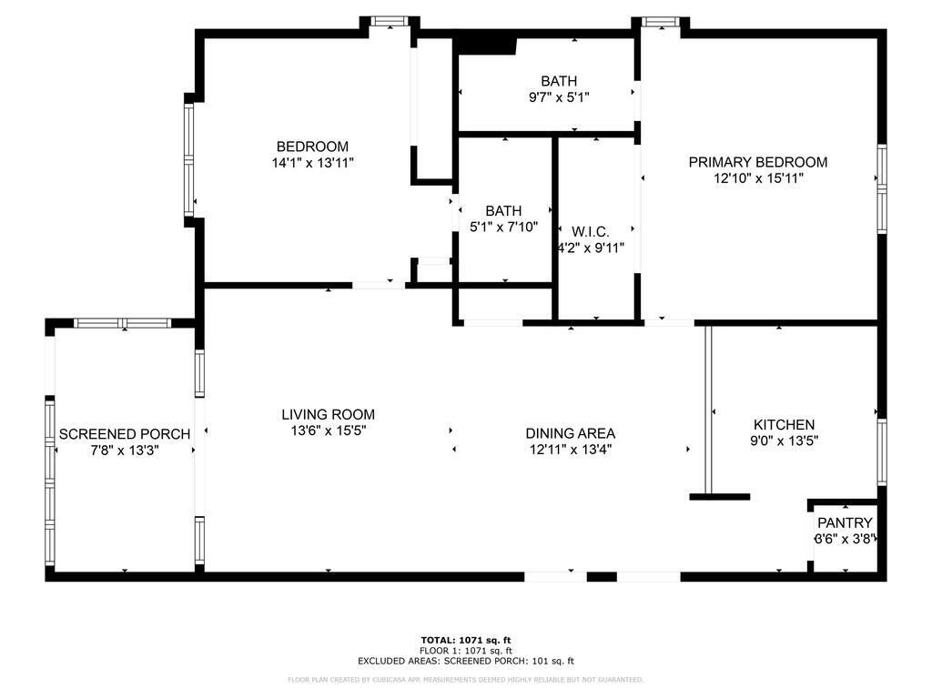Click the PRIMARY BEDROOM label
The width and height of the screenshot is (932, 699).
tap(757, 162)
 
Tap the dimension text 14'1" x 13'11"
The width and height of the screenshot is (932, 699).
tap(312, 163)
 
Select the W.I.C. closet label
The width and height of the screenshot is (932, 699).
tap(590, 231)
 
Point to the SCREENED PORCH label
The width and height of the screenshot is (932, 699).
tap(125, 434)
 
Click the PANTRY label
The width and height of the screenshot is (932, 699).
tap(845, 522)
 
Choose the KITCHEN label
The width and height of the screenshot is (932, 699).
tap(784, 424)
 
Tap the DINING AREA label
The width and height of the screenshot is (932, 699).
tap(571, 433)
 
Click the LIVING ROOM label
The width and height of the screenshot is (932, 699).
tap(328, 414)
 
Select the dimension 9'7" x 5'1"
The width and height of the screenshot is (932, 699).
tap(559, 97)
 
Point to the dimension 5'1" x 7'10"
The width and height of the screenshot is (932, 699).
tap(503, 227)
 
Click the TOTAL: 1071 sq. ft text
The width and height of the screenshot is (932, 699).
tap(466, 640)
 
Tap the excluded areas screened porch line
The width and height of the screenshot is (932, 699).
tap(466, 662)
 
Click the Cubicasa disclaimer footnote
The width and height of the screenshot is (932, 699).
tap(466, 679)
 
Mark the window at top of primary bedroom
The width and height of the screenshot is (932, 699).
tap(661, 22)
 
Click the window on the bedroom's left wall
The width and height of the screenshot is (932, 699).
tap(189, 159)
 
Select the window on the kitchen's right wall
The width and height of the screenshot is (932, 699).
tap(881, 451)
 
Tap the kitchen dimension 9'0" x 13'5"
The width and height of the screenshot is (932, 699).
tap(784, 441)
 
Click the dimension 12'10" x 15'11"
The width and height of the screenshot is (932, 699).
tap(757, 178)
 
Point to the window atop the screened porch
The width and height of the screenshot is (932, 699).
tap(122, 323)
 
